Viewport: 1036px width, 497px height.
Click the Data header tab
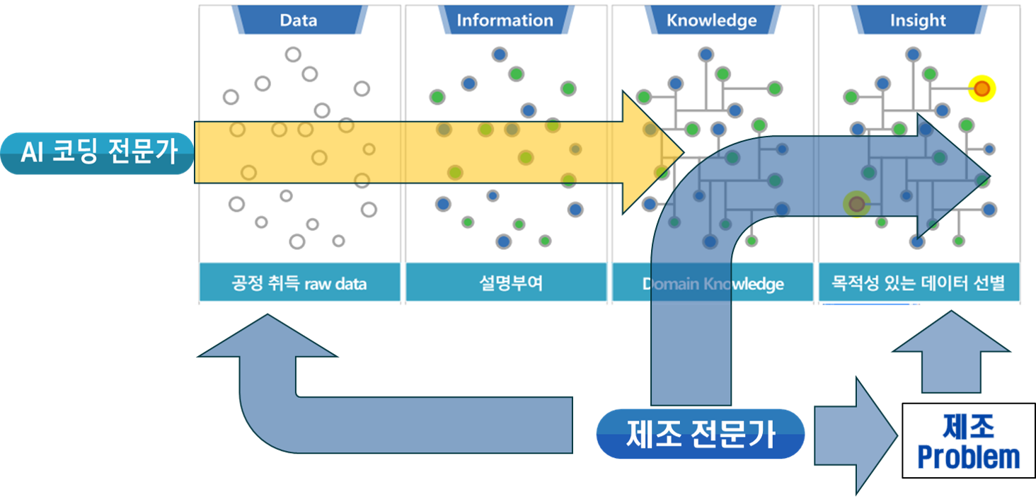[298, 20]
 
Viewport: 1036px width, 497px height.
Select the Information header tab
[505, 20]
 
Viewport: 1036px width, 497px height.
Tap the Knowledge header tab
[711, 20]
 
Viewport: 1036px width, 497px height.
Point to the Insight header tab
[918, 21]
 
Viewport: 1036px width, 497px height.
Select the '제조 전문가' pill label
[701, 433]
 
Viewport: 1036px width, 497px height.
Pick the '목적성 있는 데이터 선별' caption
[919, 284]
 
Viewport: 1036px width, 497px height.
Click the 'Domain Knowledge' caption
[713, 284]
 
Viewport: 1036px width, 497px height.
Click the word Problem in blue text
[968, 458]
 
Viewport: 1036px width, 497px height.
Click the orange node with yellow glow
[982, 88]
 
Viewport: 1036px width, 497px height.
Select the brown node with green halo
[857, 205]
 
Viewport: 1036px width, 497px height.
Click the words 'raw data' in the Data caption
[333, 284]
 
